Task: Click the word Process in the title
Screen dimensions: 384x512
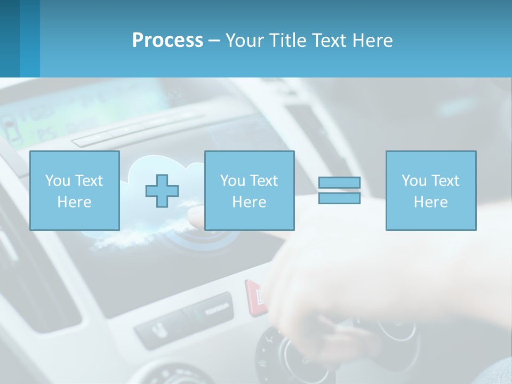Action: (167, 41)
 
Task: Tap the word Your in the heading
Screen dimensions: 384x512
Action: (245, 41)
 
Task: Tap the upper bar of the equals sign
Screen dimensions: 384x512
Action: (339, 182)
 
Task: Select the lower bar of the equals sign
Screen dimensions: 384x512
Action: (339, 198)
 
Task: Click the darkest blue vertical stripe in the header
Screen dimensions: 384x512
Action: (10, 38)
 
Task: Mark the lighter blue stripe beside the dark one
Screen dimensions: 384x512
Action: (30, 38)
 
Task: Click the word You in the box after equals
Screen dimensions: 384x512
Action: (414, 181)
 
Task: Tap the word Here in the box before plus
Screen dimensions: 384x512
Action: (75, 202)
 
